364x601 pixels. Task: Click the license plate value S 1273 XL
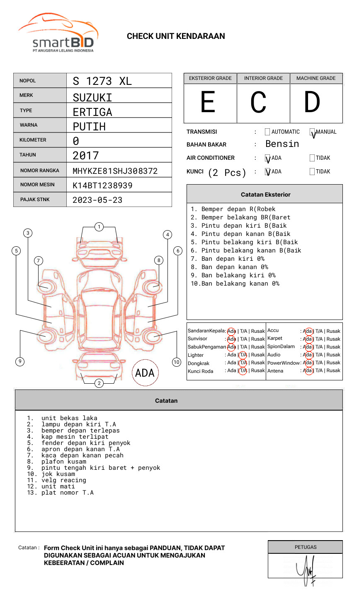coord(102,81)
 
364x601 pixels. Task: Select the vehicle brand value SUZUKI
coord(92,97)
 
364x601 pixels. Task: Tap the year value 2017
coord(86,156)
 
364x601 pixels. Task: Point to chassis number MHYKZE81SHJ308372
coord(115,171)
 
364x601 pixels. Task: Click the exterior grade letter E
coord(208,102)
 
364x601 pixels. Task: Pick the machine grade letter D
coord(312,102)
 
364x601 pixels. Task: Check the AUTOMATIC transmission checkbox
coord(267,132)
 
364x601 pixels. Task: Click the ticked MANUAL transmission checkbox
coord(312,132)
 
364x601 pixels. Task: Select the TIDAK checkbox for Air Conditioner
coord(312,158)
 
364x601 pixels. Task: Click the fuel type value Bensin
coord(282,144)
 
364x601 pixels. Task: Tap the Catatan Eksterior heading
coord(265,195)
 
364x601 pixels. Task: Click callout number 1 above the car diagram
coord(99,227)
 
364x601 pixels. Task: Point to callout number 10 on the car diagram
coord(177,362)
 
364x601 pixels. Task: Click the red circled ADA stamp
coord(145,373)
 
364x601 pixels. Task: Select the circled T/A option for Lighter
coord(243,355)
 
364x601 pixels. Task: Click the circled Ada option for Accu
coord(308,331)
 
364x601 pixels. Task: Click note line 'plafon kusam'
coord(64,462)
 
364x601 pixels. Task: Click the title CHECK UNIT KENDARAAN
coord(176,36)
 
